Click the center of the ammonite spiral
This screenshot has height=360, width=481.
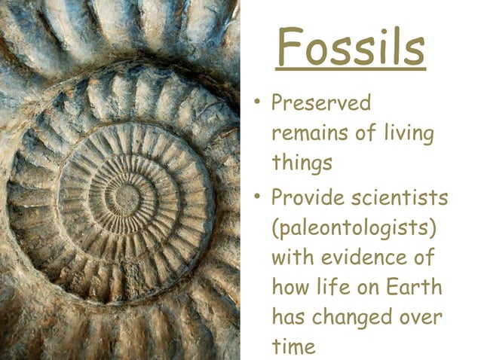tap(127, 198)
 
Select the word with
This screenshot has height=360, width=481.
tap(292, 258)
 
